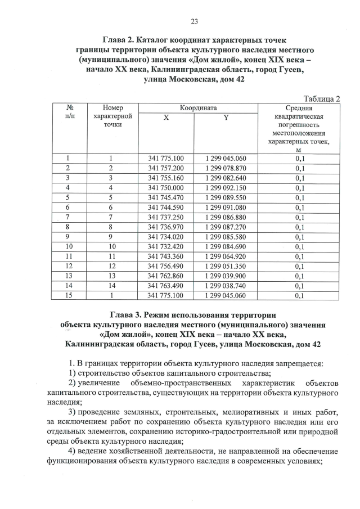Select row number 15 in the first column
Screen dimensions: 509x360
(x=68, y=295)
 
